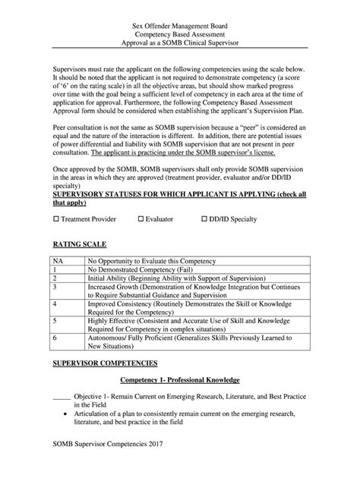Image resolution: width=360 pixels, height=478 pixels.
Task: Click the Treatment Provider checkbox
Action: [x=55, y=219]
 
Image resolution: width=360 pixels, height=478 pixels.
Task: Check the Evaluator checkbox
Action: [x=141, y=219]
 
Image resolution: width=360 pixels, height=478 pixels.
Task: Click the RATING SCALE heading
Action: [x=79, y=246]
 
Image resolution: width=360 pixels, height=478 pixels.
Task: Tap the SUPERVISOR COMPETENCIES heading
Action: [x=104, y=365]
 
